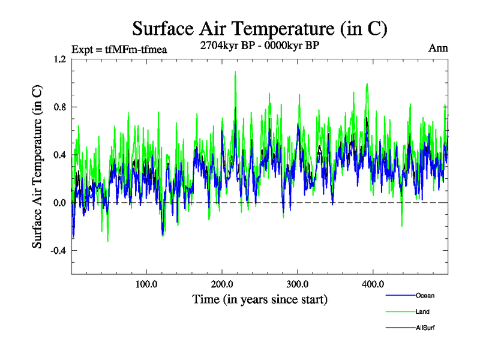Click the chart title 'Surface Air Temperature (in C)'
pos(259,29)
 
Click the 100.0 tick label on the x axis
pos(147,283)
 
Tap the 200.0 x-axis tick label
pos(223,283)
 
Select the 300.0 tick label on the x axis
pos(298,283)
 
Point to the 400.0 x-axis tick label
pos(373,283)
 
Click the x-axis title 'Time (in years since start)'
pos(259,298)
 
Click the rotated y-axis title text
pos(37,167)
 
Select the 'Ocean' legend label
pos(425,295)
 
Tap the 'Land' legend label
pos(422,311)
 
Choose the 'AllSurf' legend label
pos(424,328)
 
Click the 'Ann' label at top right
pos(438,48)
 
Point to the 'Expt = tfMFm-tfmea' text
pos(119,49)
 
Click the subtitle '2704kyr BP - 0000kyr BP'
pos(259,44)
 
